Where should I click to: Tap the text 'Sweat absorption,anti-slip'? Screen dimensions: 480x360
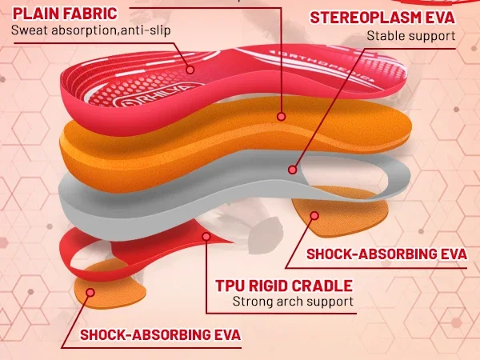click(90, 31)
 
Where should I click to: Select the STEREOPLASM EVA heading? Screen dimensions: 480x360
click(382, 18)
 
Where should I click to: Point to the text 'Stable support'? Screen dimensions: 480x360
click(410, 36)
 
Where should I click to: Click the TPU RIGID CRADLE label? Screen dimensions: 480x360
click(283, 286)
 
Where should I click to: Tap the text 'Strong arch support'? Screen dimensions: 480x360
click(292, 302)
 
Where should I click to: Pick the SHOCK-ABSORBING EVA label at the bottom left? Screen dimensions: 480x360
click(160, 334)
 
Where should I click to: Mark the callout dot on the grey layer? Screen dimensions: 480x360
click(294, 170)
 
